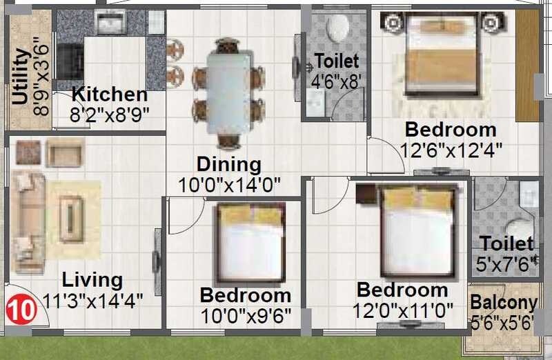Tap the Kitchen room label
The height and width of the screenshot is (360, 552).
pos(110,94)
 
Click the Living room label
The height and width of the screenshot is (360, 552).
pos(92,280)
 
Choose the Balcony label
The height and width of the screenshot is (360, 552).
pos(503,303)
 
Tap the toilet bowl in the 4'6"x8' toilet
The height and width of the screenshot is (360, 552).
pos(337,28)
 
